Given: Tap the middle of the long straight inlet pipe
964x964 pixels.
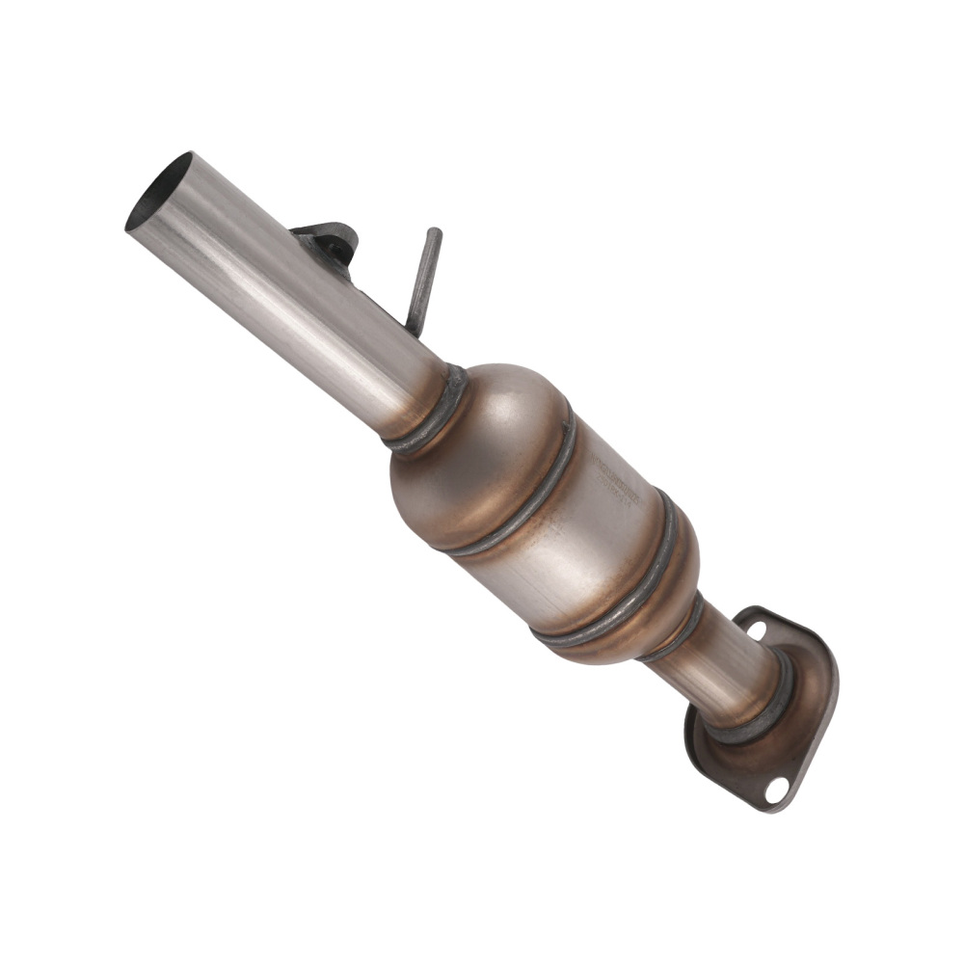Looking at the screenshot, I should pyautogui.click(x=289, y=289).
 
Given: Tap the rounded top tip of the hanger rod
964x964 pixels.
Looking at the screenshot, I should pyautogui.click(x=435, y=232).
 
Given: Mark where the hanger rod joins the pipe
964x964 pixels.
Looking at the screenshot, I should pyautogui.click(x=415, y=328).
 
